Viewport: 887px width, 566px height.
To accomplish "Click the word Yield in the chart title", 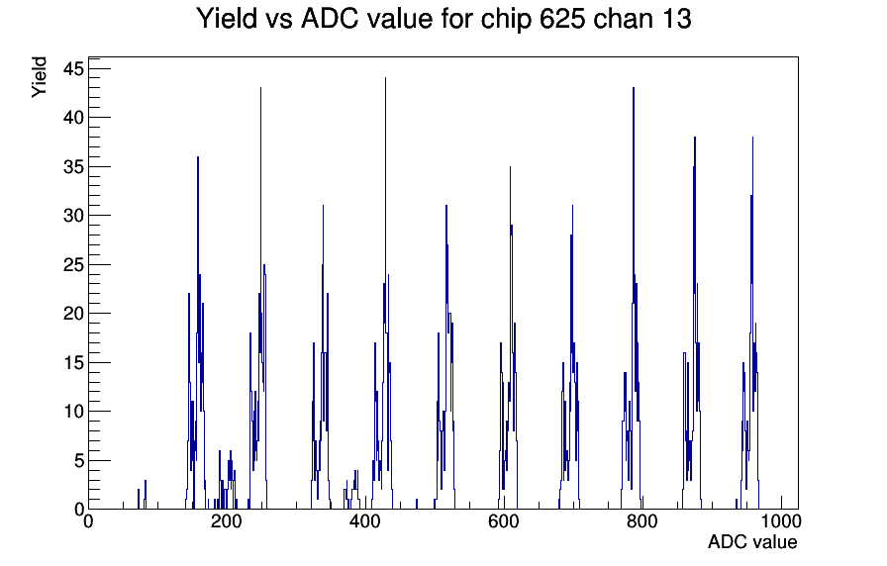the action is (227, 19).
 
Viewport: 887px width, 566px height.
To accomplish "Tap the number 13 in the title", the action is (676, 19).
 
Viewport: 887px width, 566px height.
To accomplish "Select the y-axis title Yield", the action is (39, 77).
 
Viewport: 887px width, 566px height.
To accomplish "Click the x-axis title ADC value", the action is (752, 541).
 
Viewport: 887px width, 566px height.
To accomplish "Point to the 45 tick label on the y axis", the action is (73, 69).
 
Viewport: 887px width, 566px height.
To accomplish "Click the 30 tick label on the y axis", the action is (73, 216).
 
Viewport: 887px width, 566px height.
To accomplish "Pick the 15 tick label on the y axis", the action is (73, 362).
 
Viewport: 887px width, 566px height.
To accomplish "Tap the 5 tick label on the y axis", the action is (79, 460).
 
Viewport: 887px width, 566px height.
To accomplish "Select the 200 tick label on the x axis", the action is (227, 520).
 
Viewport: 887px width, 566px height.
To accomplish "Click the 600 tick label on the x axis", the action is (504, 520).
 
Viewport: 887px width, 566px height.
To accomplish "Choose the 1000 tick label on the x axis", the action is (781, 520).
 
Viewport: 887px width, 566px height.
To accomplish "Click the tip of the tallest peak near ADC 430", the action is (385, 78).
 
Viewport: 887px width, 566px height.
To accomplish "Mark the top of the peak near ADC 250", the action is (260, 88).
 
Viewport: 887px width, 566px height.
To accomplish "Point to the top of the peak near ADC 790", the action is (634, 88).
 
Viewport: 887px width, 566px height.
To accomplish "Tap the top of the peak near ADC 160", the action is (198, 156).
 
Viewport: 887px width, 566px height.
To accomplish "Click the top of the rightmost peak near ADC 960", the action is (752, 137).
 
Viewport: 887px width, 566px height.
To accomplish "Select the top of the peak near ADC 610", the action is (510, 167).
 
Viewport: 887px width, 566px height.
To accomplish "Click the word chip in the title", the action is (506, 20).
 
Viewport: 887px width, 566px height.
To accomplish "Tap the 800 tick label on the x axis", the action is (642, 520).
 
